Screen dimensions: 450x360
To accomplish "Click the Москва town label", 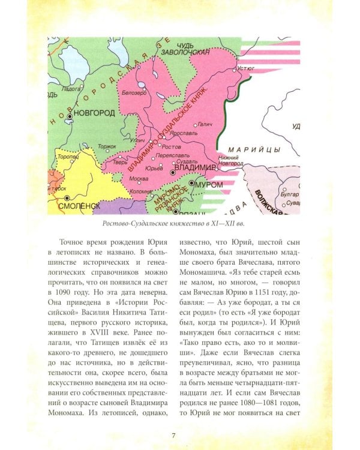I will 139,179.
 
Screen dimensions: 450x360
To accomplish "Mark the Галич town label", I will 206,124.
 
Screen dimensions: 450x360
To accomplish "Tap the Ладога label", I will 71,88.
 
